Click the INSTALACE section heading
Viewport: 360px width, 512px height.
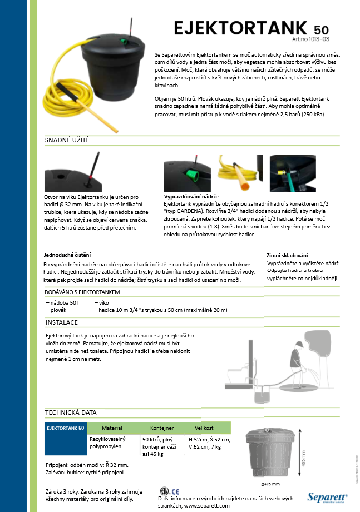pyautogui.click(x=61, y=322)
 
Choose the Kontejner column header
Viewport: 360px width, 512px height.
pyautogui.click(x=162, y=428)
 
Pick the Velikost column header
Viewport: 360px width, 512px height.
pyautogui.click(x=204, y=428)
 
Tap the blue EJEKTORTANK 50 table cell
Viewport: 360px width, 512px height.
pyautogui.click(x=66, y=428)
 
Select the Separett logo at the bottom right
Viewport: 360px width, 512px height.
pyautogui.click(x=327, y=496)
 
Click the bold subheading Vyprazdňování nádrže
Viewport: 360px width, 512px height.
pyautogui.click(x=191, y=197)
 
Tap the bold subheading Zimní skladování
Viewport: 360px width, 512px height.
pyautogui.click(x=287, y=255)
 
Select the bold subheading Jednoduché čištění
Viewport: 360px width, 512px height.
pyautogui.click(x=67, y=255)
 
